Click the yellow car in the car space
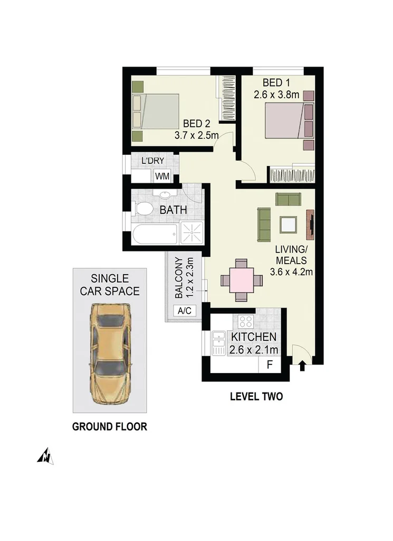tap(110, 353)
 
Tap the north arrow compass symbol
tap(45, 455)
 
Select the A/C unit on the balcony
tap(184, 311)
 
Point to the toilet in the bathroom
tap(144, 209)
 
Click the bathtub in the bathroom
tap(155, 234)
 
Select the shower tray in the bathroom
tap(191, 233)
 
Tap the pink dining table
tap(241, 280)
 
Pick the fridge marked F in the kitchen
tap(270, 364)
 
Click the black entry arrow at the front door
tap(302, 366)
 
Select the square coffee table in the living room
tap(289, 225)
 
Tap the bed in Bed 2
tap(156, 111)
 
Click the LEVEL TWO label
tap(256, 396)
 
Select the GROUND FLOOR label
tap(109, 426)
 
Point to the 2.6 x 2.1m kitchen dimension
tap(254, 349)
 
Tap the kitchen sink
tap(218, 343)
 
